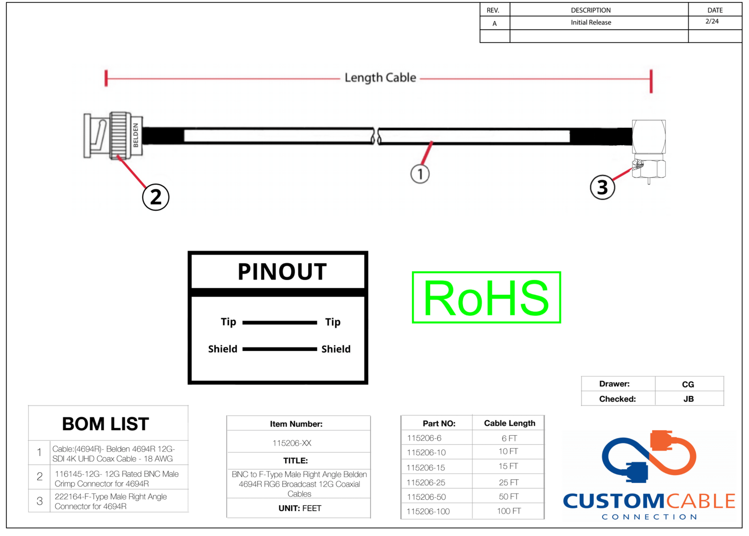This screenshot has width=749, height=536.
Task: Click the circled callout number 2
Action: click(155, 197)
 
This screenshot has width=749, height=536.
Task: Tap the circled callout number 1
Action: click(420, 174)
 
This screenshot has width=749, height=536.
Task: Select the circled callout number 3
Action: click(602, 187)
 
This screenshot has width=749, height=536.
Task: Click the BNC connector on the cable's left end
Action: click(113, 135)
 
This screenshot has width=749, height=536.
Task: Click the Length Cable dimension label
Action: click(380, 78)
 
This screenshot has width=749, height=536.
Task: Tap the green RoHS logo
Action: click(486, 297)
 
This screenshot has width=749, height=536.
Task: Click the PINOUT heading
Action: click(282, 272)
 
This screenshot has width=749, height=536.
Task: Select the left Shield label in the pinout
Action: click(222, 349)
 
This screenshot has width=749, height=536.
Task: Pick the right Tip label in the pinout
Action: click(333, 322)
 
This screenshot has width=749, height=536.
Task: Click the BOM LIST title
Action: click(105, 424)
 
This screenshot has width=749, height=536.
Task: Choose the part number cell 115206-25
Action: click(426, 482)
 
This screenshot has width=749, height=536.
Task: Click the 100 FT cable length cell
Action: click(509, 511)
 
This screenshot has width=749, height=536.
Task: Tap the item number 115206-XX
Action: click(292, 443)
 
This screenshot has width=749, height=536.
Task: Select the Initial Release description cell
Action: click(591, 22)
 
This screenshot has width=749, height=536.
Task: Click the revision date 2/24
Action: click(712, 21)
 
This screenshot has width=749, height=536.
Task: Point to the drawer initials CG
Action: click(688, 384)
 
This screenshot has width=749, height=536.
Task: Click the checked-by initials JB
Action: click(689, 399)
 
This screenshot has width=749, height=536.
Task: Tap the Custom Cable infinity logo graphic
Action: click(649, 456)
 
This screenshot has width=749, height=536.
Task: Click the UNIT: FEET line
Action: click(299, 508)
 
